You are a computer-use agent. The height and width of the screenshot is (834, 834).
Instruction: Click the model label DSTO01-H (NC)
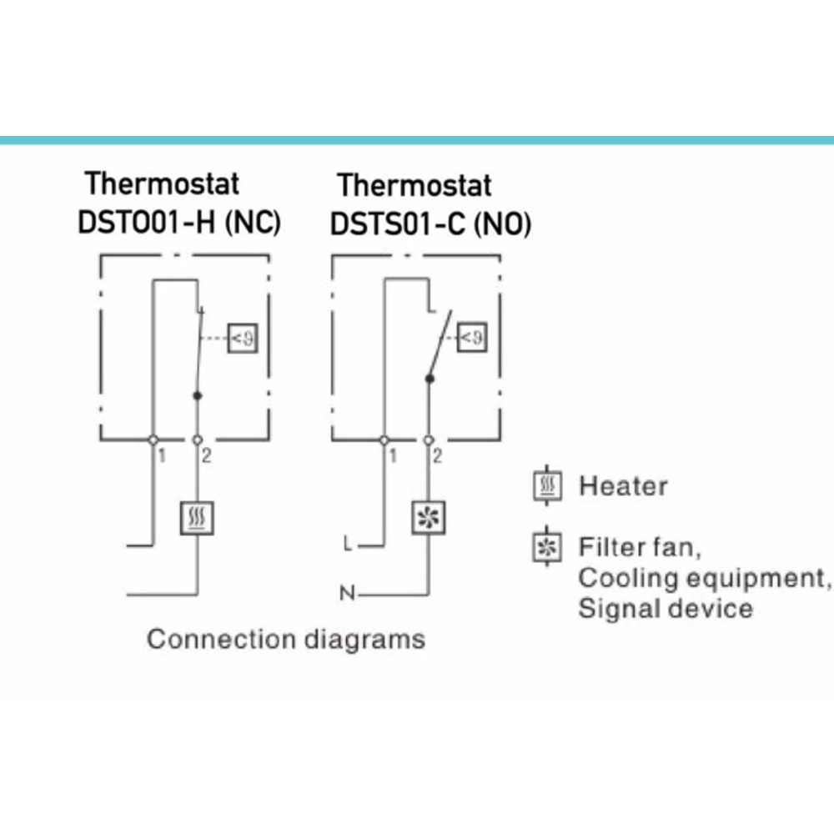pos(179,222)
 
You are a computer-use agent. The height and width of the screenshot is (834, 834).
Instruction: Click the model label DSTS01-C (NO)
pos(431,224)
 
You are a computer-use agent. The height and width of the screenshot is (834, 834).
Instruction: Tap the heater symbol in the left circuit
pos(198,518)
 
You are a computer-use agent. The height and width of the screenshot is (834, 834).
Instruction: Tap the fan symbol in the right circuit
pos(429,518)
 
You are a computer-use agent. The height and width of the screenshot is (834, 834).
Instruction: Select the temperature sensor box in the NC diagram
pos(243,338)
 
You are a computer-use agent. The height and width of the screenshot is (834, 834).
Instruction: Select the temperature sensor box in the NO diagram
pos(472,337)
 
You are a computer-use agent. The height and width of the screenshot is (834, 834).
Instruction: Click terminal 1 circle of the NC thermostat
pos(153,440)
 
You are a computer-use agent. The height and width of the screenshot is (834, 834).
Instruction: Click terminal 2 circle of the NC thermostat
pos(198,440)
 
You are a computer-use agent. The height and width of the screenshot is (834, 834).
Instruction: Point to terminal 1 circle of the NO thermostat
pos(384,440)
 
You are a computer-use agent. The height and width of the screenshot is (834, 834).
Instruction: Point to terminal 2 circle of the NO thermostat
pos(428,440)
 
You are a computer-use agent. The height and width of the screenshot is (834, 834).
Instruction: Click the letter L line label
pos(348,544)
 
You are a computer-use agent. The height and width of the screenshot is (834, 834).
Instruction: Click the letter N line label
pos(347,592)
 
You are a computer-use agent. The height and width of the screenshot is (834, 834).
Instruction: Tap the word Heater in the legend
pos(623,486)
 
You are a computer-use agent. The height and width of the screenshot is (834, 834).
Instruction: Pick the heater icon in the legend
pos(547,485)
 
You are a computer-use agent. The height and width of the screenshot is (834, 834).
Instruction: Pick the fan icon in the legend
pos(547,546)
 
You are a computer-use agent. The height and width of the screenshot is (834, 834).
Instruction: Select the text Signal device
pos(666,609)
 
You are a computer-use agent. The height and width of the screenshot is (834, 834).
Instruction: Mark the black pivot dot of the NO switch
pos(430,379)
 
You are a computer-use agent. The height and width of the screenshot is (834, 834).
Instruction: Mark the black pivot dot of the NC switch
pos(198,395)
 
